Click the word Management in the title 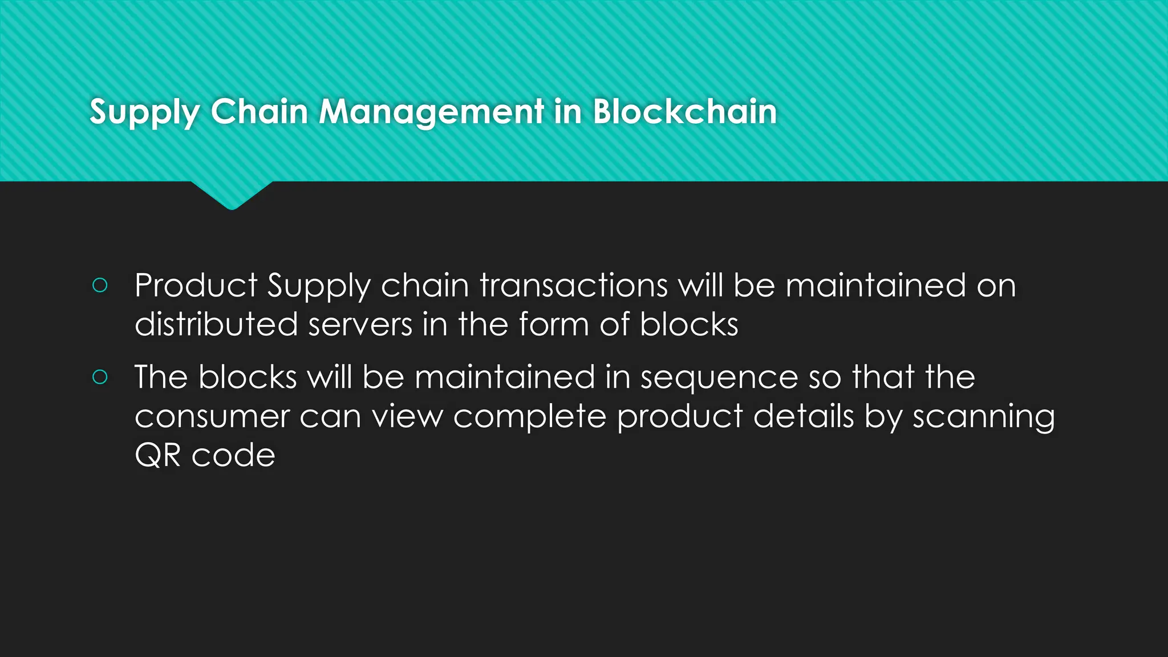[431, 112]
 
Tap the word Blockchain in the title [684, 112]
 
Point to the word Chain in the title [259, 112]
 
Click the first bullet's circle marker [100, 285]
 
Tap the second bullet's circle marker [100, 377]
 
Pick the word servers [360, 325]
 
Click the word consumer [212, 417]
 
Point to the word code [233, 456]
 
